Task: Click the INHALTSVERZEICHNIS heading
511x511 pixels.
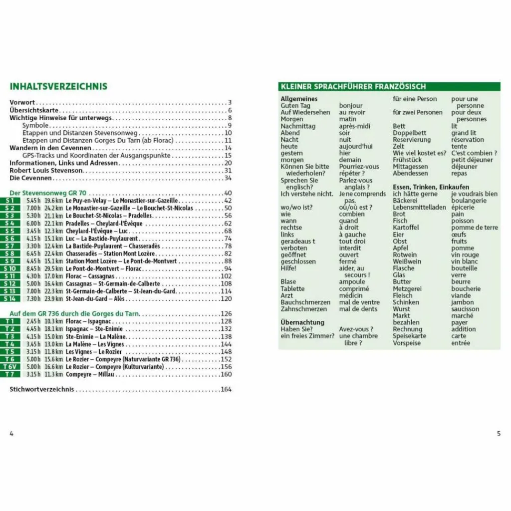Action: pyautogui.click(x=58, y=86)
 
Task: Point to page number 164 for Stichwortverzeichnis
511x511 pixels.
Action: pyautogui.click(x=226, y=389)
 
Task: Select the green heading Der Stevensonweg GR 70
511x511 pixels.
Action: pyautogui.click(x=48, y=193)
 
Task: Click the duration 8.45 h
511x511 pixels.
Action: pyautogui.click(x=33, y=268)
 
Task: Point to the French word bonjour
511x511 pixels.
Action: pyautogui.click(x=351, y=106)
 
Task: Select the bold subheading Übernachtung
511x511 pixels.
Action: pyautogui.click(x=302, y=322)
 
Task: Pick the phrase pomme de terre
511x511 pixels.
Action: pyautogui.click(x=475, y=228)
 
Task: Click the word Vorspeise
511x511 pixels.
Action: pyautogui.click(x=407, y=343)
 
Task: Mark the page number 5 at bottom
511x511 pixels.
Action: pyautogui.click(x=499, y=434)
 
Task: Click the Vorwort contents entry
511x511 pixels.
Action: pyautogui.click(x=22, y=102)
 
